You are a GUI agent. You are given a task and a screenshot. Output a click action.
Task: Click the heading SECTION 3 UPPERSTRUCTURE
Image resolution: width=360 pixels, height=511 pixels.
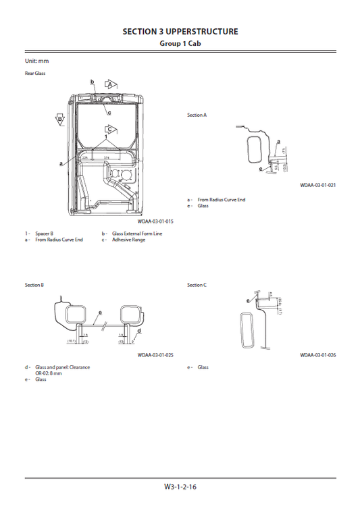tap(180, 31)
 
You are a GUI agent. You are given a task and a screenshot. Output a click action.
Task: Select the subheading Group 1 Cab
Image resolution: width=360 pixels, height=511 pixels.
tap(180, 43)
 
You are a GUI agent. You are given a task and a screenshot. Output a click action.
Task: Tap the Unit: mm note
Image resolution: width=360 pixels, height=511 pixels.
tap(37, 61)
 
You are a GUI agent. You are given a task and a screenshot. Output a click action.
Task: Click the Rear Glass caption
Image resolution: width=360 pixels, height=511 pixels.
tap(35, 73)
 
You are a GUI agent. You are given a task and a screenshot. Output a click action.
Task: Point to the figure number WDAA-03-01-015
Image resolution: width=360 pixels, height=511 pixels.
tap(155, 221)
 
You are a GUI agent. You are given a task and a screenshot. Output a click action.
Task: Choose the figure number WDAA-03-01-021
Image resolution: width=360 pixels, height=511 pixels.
tap(318, 184)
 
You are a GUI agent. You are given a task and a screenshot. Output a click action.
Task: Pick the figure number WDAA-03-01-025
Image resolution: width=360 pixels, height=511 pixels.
tap(155, 354)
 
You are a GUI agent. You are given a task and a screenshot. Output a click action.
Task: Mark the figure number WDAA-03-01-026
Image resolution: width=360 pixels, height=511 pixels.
tap(318, 354)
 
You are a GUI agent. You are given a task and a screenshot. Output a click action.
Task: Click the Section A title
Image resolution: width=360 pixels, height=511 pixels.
tap(197, 115)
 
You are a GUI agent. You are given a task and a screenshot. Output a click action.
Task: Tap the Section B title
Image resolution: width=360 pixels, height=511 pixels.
tap(34, 286)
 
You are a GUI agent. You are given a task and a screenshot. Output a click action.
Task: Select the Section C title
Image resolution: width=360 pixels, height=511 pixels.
tap(197, 286)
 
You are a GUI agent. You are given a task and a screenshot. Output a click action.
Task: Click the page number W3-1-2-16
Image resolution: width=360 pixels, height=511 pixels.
tap(180, 487)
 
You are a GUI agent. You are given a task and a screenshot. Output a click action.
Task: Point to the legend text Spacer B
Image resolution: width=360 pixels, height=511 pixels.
tap(45, 234)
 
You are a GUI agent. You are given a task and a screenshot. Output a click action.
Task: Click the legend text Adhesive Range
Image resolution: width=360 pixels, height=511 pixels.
tap(128, 240)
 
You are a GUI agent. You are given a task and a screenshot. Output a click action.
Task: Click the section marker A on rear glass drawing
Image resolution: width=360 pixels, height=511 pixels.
tap(109, 84)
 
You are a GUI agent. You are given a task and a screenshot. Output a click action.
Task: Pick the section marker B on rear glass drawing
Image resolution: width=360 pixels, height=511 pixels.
tap(60, 119)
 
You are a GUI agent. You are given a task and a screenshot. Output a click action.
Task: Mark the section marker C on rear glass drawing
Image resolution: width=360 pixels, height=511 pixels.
tap(108, 128)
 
